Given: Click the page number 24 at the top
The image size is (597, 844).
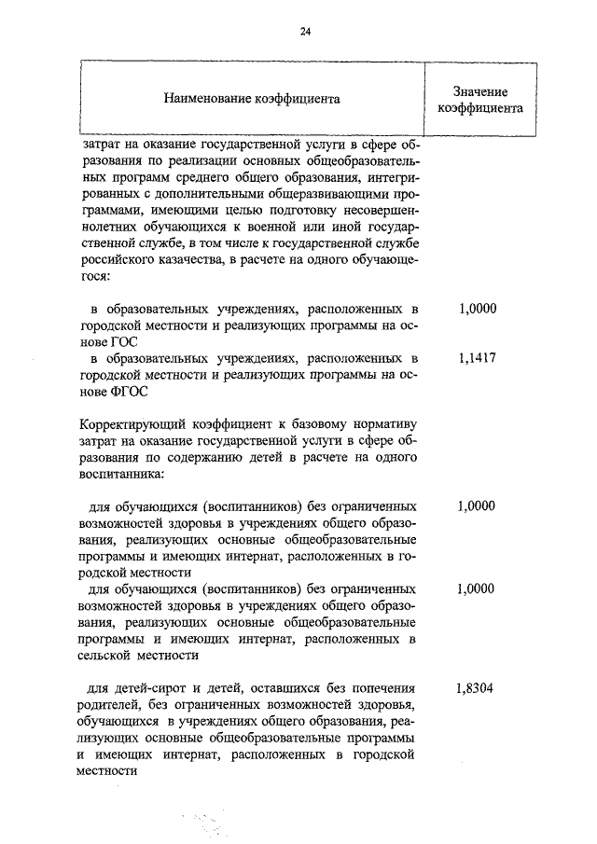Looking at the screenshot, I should point(305,31).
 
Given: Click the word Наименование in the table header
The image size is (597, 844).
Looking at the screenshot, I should point(205,97).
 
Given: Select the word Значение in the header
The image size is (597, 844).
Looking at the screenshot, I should point(479,90).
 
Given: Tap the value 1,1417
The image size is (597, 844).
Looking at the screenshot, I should point(477,359).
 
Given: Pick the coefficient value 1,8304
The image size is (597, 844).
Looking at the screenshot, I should point(477,689).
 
